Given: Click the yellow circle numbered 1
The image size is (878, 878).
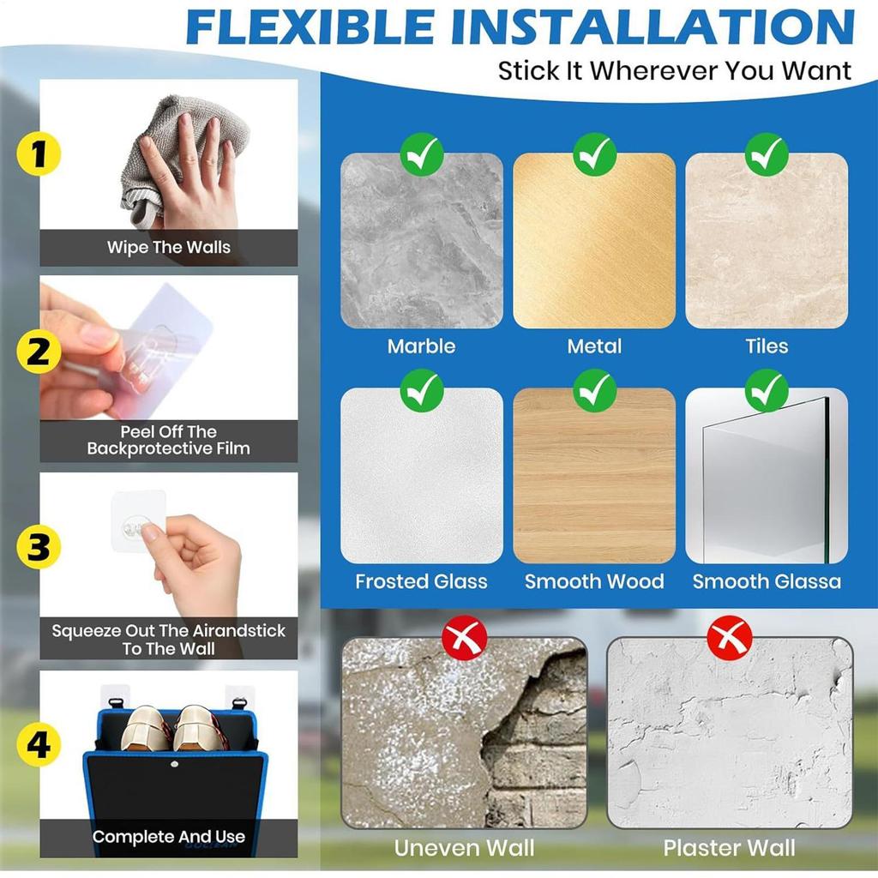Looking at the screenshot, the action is point(39,153).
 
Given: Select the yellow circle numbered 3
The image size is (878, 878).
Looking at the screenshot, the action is point(39,546).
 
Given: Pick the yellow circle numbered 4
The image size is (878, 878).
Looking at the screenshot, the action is point(39,745).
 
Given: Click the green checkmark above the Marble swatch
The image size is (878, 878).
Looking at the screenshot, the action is point(422,154).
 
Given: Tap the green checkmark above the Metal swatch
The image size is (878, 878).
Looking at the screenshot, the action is point(594,154).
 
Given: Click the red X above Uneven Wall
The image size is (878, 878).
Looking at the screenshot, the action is point(464,638).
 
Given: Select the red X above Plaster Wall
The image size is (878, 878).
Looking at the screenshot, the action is point(729,638).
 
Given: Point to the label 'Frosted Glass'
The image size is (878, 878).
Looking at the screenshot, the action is point(421,581).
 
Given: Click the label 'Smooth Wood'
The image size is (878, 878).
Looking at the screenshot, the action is point(594,581).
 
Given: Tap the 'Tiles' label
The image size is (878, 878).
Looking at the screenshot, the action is point(767,346).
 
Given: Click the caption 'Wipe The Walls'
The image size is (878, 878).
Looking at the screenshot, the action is point(169,247).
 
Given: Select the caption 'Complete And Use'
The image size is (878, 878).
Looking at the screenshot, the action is point(169,837).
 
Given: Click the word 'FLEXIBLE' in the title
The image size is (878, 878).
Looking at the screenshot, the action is point(310,27).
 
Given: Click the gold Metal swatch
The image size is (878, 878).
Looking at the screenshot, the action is point(594,241).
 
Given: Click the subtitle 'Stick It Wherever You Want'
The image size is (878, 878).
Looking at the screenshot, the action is point(674,71).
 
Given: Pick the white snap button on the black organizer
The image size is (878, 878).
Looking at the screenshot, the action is point(175,763).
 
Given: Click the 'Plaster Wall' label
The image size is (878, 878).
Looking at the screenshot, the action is point(729,848).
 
